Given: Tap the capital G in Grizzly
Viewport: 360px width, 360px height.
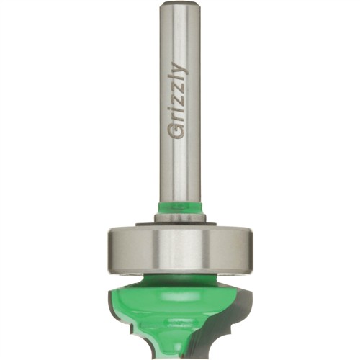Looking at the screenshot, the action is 179,132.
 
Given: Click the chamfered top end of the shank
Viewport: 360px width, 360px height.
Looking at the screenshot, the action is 181,3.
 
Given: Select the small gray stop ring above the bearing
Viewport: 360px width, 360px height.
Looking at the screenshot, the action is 180,217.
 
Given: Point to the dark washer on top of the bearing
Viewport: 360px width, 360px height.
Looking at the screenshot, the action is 176,224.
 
